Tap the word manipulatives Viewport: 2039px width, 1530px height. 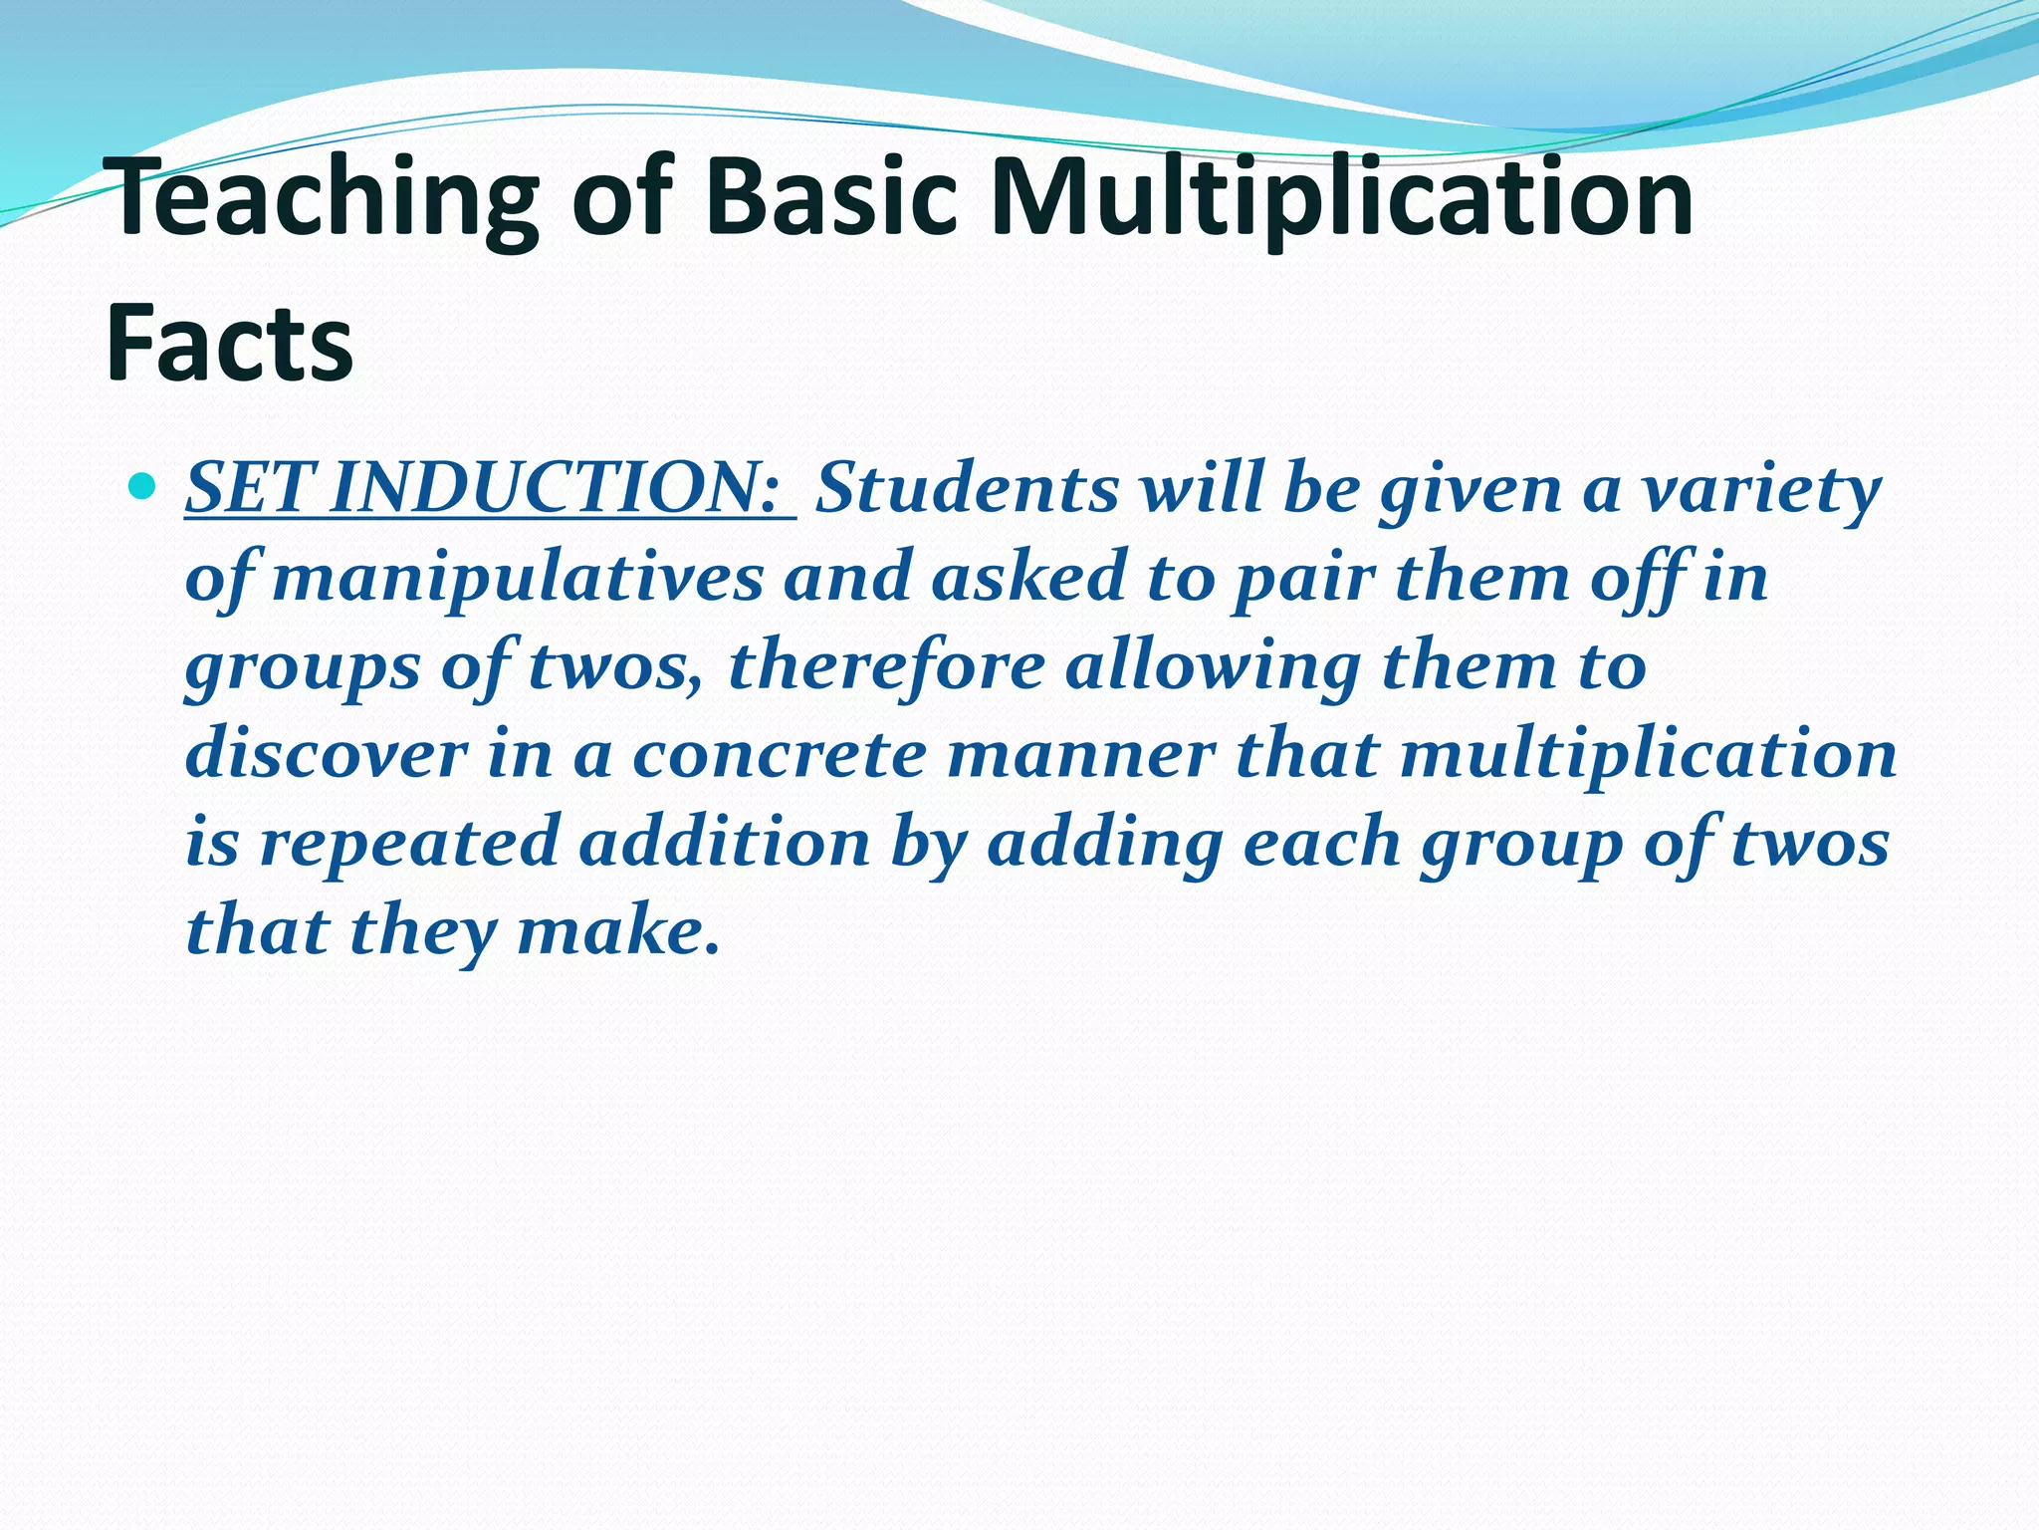518,578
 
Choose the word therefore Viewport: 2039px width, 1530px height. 886,665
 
